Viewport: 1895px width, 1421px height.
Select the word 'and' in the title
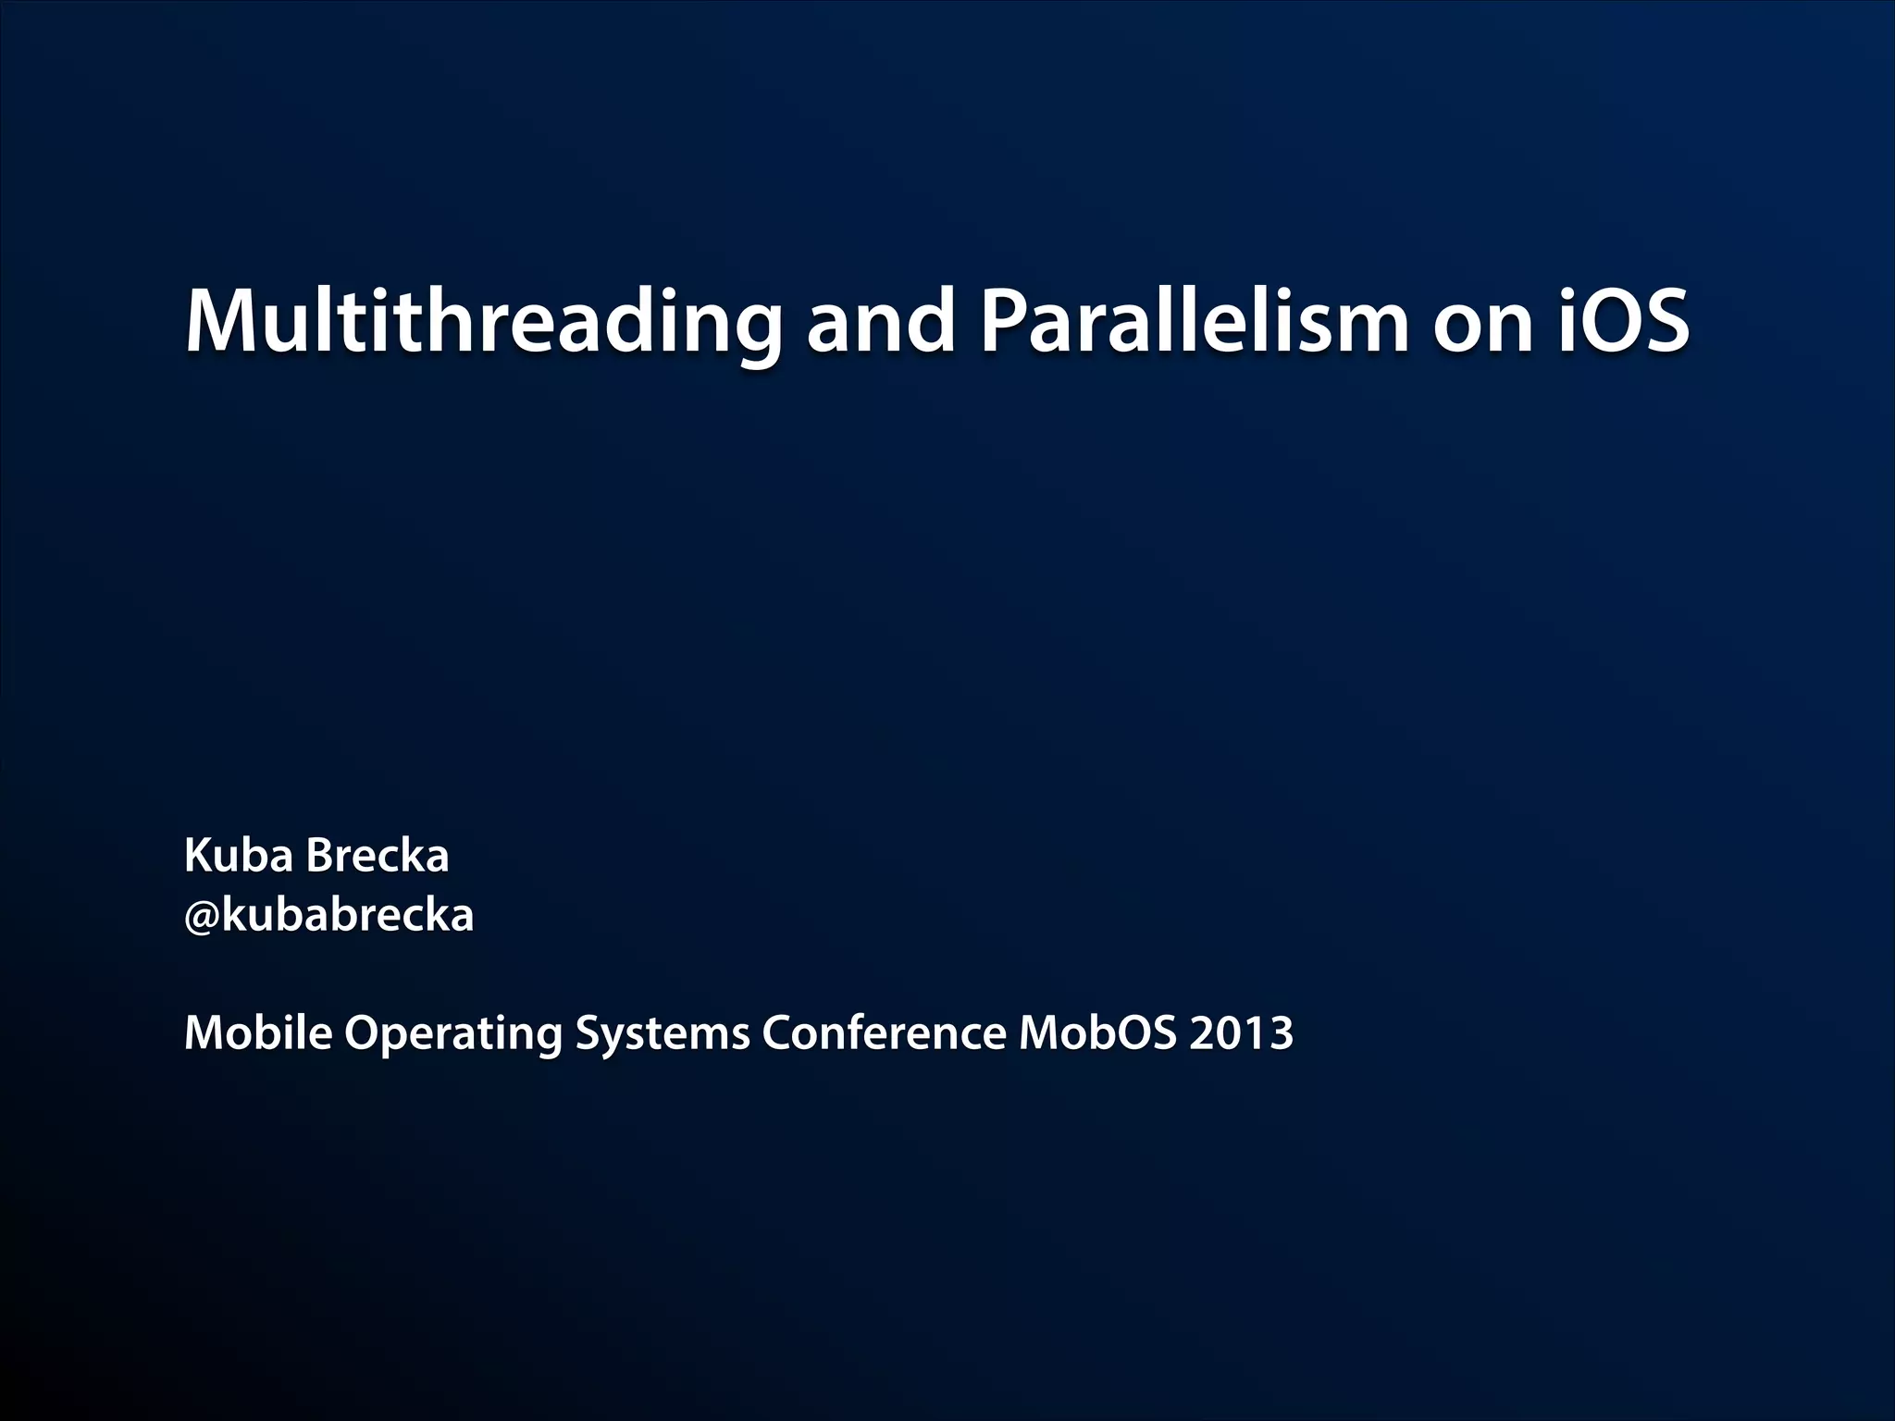coord(880,321)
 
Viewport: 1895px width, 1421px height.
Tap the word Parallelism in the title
coord(1194,321)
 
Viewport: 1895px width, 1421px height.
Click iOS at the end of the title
coord(1624,321)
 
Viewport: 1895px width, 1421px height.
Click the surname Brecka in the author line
coord(377,856)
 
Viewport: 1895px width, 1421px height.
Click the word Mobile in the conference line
coord(258,1032)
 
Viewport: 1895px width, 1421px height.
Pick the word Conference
coord(884,1032)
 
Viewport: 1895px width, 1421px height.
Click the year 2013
coord(1241,1032)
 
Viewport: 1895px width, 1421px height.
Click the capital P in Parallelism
coord(1002,321)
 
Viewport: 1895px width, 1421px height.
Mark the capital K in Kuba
coord(199,856)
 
